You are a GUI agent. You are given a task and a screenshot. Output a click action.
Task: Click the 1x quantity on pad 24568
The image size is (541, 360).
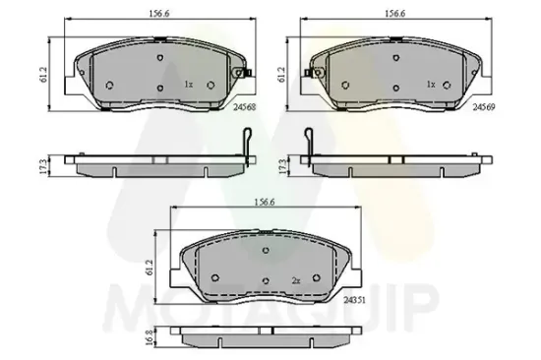pyautogui.click(x=189, y=85)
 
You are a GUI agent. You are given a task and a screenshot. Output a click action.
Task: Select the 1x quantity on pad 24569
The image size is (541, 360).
pyautogui.click(x=430, y=85)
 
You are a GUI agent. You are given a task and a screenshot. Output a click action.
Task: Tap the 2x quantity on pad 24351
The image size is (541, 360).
pyautogui.click(x=295, y=280)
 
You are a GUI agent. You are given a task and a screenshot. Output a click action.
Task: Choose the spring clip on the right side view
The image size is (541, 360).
pyautogui.click(x=309, y=145)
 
